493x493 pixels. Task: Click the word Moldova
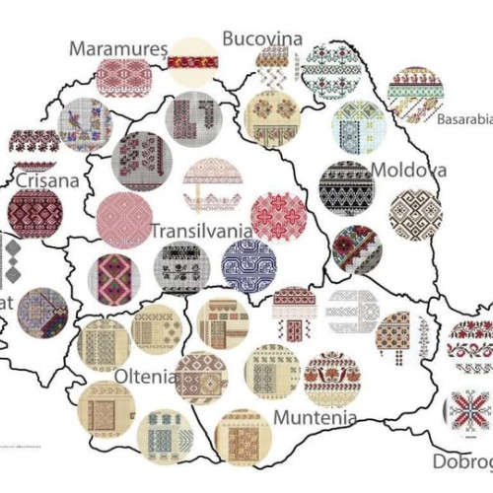[406, 171]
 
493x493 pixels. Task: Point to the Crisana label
[46, 180]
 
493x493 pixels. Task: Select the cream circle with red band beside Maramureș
[191, 62]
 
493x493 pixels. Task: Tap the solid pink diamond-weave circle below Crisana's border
[125, 218]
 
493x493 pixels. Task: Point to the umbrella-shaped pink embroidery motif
[210, 184]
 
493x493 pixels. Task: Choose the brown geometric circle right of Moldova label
[415, 215]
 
